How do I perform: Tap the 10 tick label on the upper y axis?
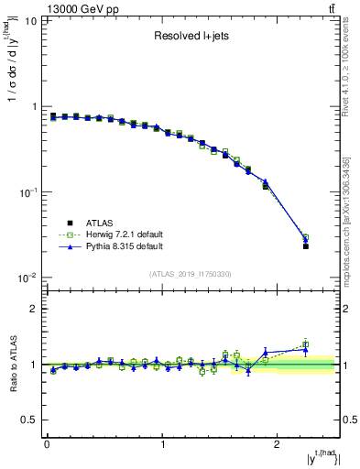pyautogui.click(x=30, y=20)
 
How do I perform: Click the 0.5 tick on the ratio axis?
pyautogui.click(x=30, y=420)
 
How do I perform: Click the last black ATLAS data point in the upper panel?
pyautogui.click(x=306, y=246)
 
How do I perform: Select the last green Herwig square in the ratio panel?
pyautogui.click(x=306, y=344)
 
